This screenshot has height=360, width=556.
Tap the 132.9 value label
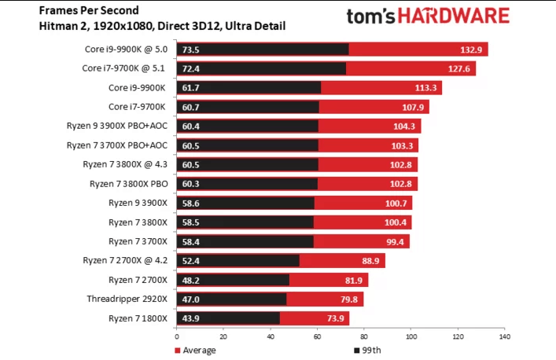coord(472,50)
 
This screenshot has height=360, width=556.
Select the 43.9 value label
coord(191,318)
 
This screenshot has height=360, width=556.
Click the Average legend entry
coord(197,350)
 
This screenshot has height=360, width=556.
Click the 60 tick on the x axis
coord(317,337)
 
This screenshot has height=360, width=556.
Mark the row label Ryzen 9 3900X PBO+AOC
coord(118,126)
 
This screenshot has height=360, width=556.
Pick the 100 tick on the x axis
coord(411,337)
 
